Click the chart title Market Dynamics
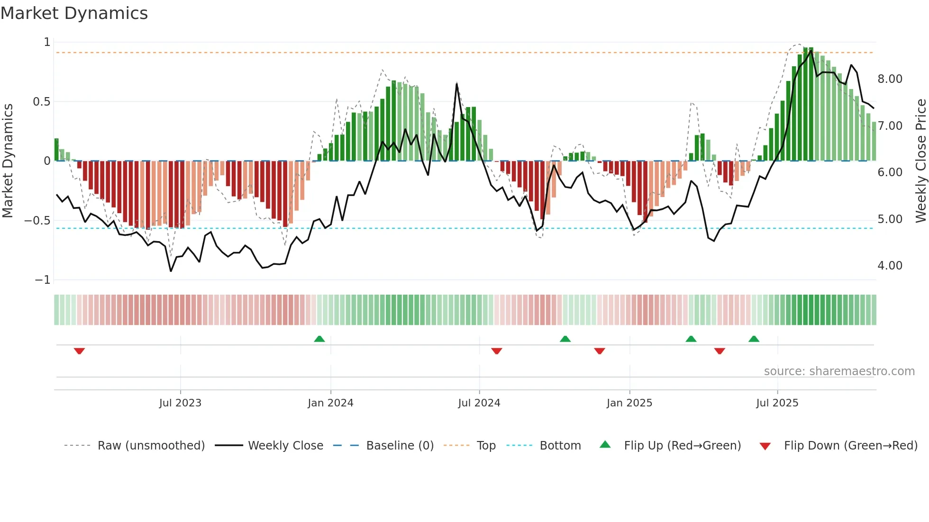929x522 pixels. tap(74, 13)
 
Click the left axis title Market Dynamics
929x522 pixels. tap(8, 161)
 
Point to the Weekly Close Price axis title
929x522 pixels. tap(920, 161)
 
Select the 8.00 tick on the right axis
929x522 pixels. tap(890, 79)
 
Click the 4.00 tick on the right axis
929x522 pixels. tap(890, 266)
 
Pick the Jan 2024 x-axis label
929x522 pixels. tap(330, 403)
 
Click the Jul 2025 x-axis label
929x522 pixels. tap(777, 403)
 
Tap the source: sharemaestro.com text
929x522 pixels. tap(839, 371)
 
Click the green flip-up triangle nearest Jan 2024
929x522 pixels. tap(319, 339)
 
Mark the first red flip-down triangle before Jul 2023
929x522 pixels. tap(79, 351)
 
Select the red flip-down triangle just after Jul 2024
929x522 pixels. tap(496, 351)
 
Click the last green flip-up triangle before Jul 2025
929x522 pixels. tap(754, 339)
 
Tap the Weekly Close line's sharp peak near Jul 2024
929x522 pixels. tap(456, 84)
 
